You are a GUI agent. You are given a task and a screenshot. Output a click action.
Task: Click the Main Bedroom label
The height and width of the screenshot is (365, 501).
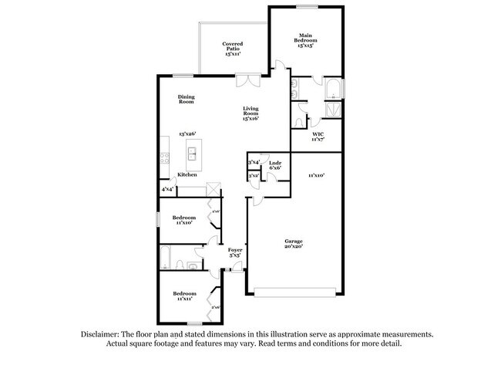tap(307, 41)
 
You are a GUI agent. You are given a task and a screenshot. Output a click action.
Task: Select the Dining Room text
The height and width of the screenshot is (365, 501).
tap(186, 100)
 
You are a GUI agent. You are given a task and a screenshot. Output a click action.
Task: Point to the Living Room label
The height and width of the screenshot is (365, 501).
tap(250, 113)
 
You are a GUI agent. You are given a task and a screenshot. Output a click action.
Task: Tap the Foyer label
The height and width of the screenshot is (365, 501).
tap(235, 253)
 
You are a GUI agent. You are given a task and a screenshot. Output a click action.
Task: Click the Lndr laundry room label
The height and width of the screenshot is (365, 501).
tap(274, 165)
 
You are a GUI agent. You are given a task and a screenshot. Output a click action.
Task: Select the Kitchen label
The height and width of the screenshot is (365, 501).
tap(187, 175)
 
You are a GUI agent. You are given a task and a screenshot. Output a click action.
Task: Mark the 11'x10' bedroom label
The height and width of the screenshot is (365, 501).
tap(183, 221)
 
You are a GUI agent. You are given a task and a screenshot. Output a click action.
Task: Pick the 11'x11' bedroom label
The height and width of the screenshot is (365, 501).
tap(183, 297)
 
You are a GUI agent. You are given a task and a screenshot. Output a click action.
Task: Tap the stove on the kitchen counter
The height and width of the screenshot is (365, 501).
tap(163, 157)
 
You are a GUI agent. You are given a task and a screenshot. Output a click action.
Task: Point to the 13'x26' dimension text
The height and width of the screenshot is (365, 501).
tap(188, 133)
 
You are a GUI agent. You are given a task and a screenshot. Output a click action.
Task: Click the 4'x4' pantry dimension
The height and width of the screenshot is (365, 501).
tap(166, 189)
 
